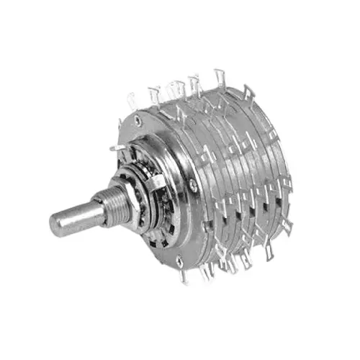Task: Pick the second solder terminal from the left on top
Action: pos(153,92)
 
